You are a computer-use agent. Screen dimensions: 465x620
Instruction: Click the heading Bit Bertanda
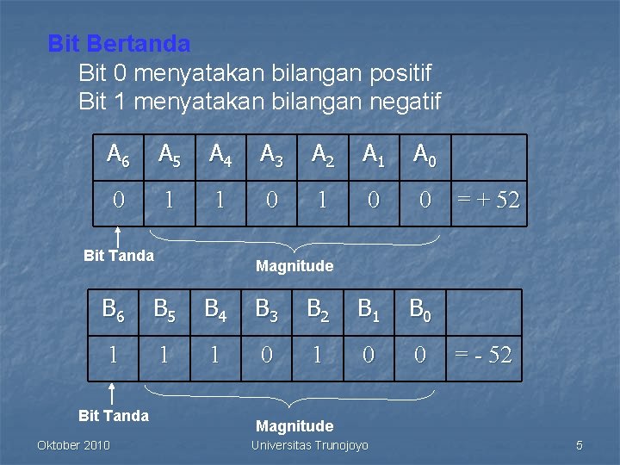pyautogui.click(x=119, y=43)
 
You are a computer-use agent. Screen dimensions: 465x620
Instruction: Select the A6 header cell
pyautogui.click(x=118, y=155)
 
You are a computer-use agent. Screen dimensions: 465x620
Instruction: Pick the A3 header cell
pyautogui.click(x=271, y=155)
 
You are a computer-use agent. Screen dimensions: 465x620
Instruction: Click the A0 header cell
pyautogui.click(x=424, y=155)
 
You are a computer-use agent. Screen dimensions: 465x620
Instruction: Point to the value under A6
pyautogui.click(x=118, y=201)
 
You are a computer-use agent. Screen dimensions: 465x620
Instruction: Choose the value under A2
pyautogui.click(x=322, y=201)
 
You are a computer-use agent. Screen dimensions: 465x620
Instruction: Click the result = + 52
pyautogui.click(x=488, y=201)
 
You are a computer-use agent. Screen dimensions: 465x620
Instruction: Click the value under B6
pyautogui.click(x=113, y=355)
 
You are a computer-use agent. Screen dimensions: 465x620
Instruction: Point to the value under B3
pyautogui.click(x=267, y=355)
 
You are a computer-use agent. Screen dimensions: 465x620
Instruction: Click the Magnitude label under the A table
pyautogui.click(x=294, y=266)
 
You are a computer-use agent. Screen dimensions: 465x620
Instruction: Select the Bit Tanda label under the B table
pyautogui.click(x=113, y=416)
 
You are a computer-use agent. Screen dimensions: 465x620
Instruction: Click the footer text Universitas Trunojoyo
pyautogui.click(x=309, y=445)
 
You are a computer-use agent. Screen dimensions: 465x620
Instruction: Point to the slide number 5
pyautogui.click(x=580, y=445)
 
